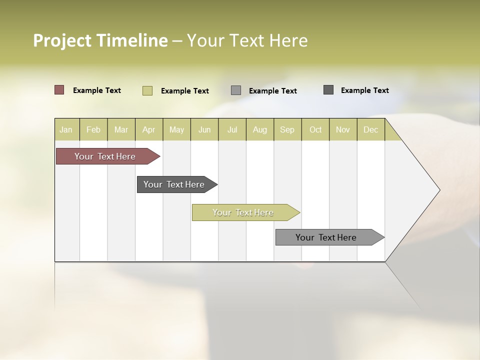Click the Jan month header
[66, 129]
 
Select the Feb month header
[93, 129]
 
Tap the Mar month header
[121, 129]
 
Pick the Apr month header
[149, 129]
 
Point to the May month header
[176, 129]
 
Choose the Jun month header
[204, 129]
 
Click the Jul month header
[232, 129]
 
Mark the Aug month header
[260, 129]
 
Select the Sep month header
[287, 129]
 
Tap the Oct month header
[315, 129]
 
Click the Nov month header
[343, 129]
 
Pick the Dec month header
[371, 129]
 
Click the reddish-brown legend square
[59, 90]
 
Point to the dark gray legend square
[328, 90]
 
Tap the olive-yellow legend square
[147, 90]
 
